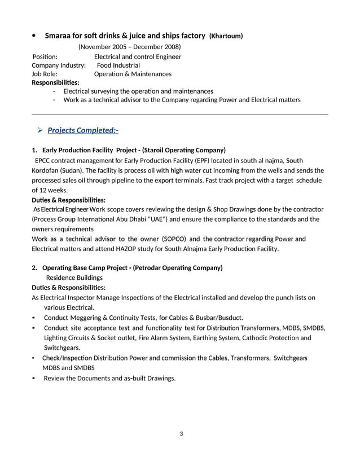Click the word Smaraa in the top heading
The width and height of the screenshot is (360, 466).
pyautogui.click(x=59, y=36)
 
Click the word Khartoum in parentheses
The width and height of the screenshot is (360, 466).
pyautogui.click(x=226, y=36)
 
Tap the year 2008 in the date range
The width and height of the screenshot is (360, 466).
pyautogui.click(x=170, y=47)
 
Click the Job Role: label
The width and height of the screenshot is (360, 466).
pyautogui.click(x=45, y=74)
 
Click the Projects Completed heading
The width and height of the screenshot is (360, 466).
pyautogui.click(x=83, y=130)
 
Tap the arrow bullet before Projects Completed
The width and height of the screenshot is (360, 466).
pyautogui.click(x=40, y=130)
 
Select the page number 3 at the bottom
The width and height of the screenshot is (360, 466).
pyautogui.click(x=181, y=434)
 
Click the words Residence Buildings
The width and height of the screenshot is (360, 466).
pyautogui.click(x=74, y=278)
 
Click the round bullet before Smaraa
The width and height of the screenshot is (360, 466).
pyautogui.click(x=34, y=36)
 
